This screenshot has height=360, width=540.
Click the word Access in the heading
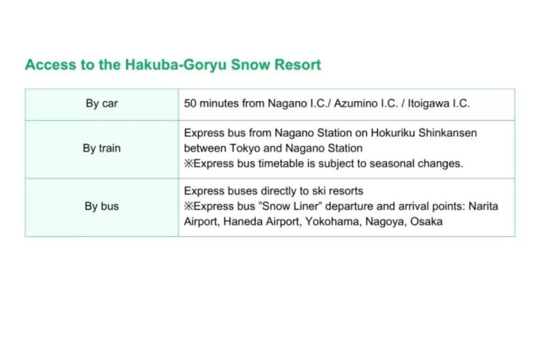click(x=50, y=65)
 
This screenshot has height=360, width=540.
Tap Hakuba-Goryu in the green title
click(x=175, y=65)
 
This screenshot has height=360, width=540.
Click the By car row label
click(x=101, y=103)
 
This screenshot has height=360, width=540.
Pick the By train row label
click(x=101, y=148)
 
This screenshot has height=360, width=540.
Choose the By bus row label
click(x=101, y=206)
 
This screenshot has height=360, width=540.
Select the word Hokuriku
click(x=393, y=133)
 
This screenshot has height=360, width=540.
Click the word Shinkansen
click(x=448, y=133)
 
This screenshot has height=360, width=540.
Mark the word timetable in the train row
click(x=281, y=163)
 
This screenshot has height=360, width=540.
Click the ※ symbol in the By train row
click(x=189, y=163)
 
